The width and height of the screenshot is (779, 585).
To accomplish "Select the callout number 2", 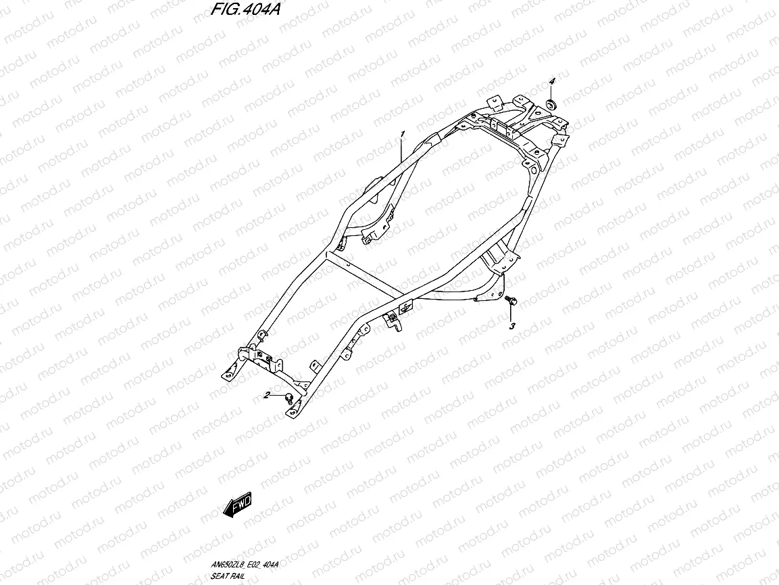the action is click(x=268, y=395).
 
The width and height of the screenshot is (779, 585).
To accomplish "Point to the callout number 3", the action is click(x=511, y=326).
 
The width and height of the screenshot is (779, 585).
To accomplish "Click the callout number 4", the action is click(x=551, y=82).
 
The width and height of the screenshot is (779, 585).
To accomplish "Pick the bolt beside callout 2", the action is click(x=289, y=397).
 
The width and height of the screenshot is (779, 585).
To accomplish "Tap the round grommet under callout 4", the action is click(x=551, y=103).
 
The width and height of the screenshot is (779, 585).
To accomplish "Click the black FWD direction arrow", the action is click(x=236, y=505).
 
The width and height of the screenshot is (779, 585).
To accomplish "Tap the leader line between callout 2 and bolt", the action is click(x=278, y=395).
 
